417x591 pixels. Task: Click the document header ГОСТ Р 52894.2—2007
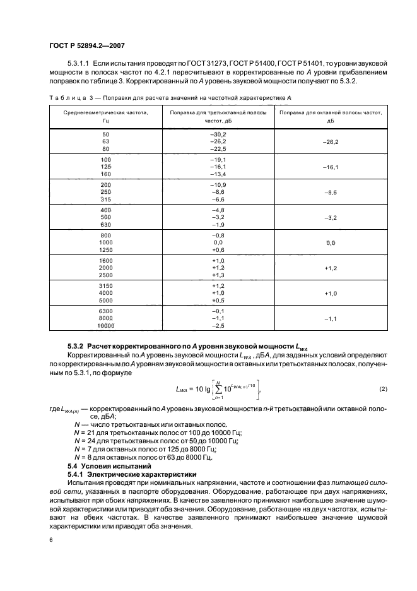(x=90, y=45)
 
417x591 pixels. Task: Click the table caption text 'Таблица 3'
(x=68, y=98)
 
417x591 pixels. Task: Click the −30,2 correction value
(x=218, y=135)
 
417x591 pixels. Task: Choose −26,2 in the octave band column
(x=332, y=143)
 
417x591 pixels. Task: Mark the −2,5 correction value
(x=218, y=326)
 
